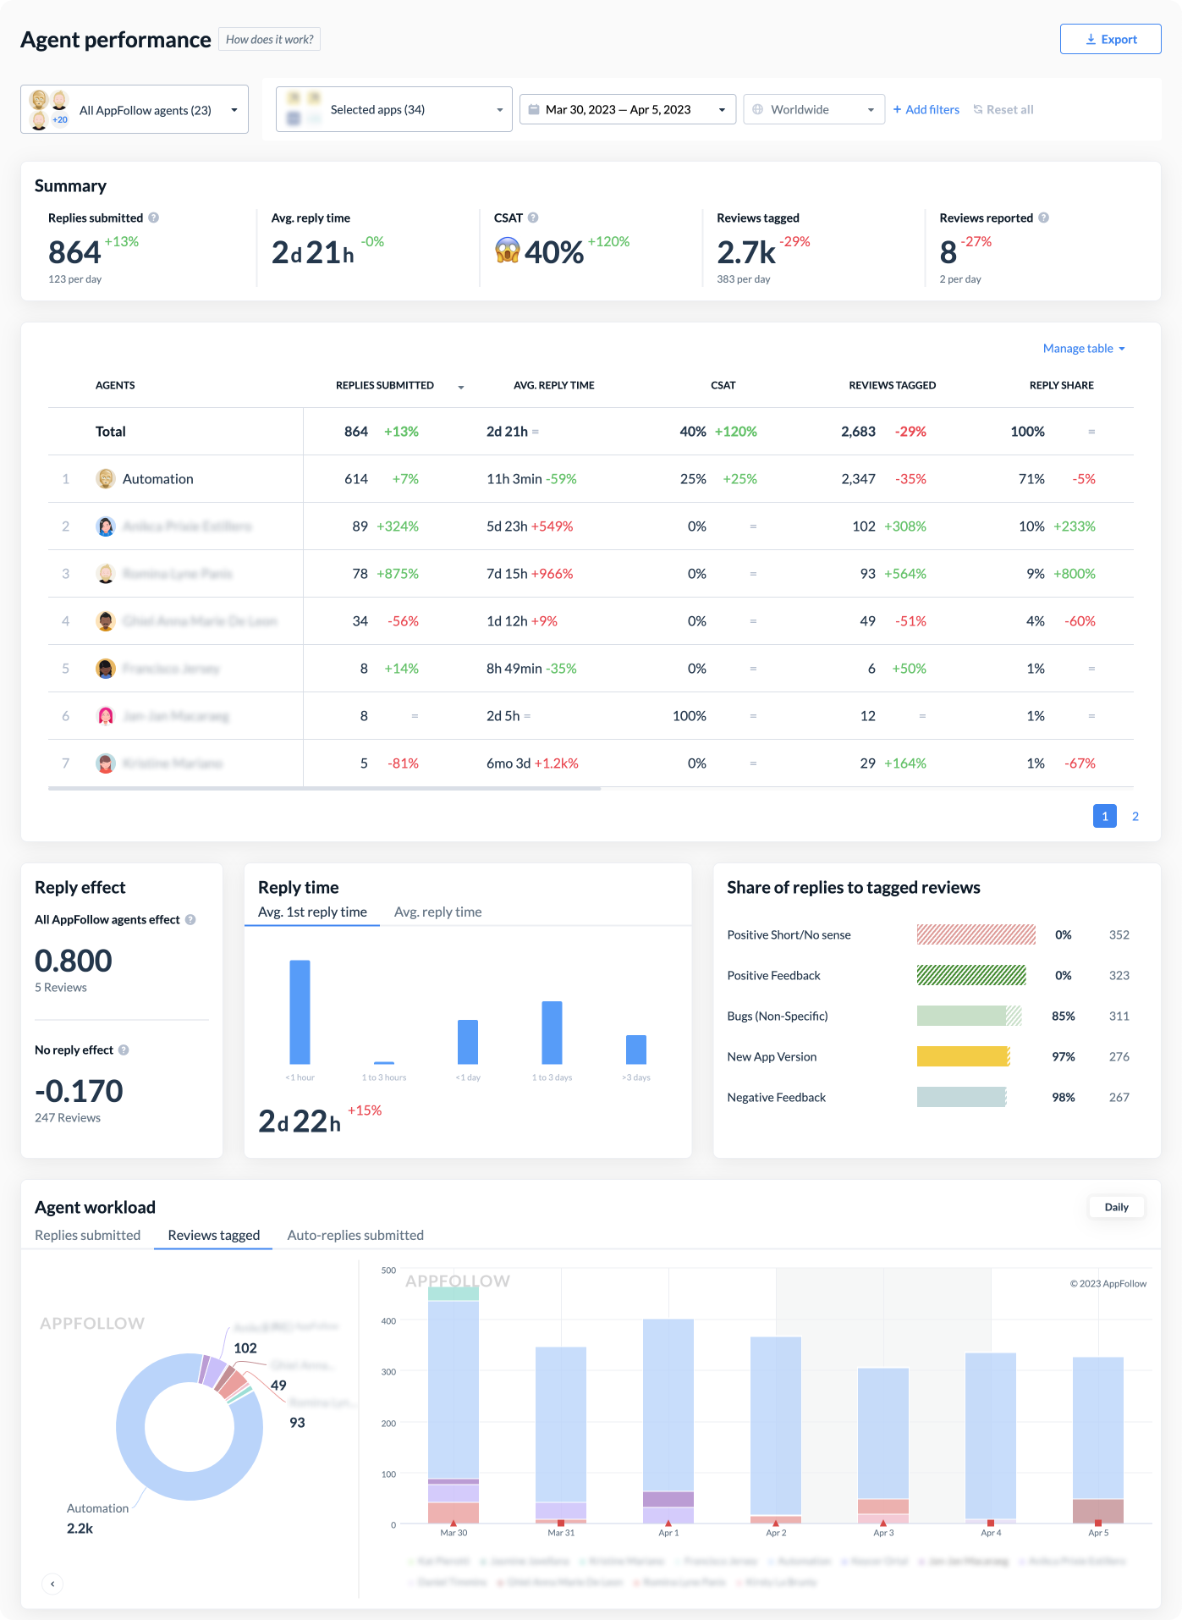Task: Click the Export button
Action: [1110, 39]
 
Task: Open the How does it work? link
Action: [269, 39]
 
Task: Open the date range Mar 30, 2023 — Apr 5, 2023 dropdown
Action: [627, 109]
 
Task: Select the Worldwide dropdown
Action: [813, 109]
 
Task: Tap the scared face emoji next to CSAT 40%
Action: [507, 251]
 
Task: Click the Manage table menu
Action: [1083, 348]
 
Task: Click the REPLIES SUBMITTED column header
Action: [385, 385]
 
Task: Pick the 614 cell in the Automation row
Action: [356, 479]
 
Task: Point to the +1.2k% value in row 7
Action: [556, 763]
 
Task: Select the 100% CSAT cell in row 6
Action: [689, 716]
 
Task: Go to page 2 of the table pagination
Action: [1135, 816]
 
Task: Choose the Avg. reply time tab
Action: [437, 912]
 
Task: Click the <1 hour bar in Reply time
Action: [300, 1011]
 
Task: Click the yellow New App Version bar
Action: [962, 1056]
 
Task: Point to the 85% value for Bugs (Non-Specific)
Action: [1063, 1016]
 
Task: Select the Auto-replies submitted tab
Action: [355, 1235]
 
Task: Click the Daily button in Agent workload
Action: [1116, 1207]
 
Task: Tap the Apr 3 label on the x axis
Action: [882, 1533]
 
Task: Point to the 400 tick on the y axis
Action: [388, 1320]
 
